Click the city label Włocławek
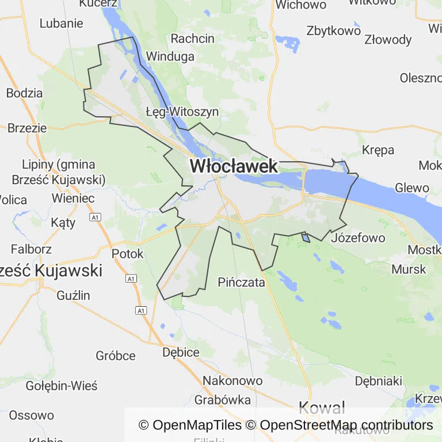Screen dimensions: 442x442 point(234,166)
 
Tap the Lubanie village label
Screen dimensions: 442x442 point(61,24)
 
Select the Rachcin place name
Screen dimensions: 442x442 point(192,39)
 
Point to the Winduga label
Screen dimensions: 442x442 point(170,56)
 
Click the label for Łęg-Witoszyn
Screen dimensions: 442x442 point(182,112)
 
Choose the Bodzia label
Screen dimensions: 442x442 point(24,93)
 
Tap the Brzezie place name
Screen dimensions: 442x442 point(27,128)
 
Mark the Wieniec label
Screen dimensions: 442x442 point(73,198)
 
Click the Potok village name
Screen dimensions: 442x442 point(127,253)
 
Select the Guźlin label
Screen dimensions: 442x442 point(74,295)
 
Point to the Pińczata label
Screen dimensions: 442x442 point(241,283)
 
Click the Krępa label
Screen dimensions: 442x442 point(378,150)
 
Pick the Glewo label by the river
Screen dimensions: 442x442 point(412,188)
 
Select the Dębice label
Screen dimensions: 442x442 point(181,352)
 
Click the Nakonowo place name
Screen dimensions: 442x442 point(233,380)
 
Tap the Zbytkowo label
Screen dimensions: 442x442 point(333,31)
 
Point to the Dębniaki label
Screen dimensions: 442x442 point(378,381)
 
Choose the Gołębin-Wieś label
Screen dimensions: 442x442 point(62,386)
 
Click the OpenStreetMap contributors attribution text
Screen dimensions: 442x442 point(346,425)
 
